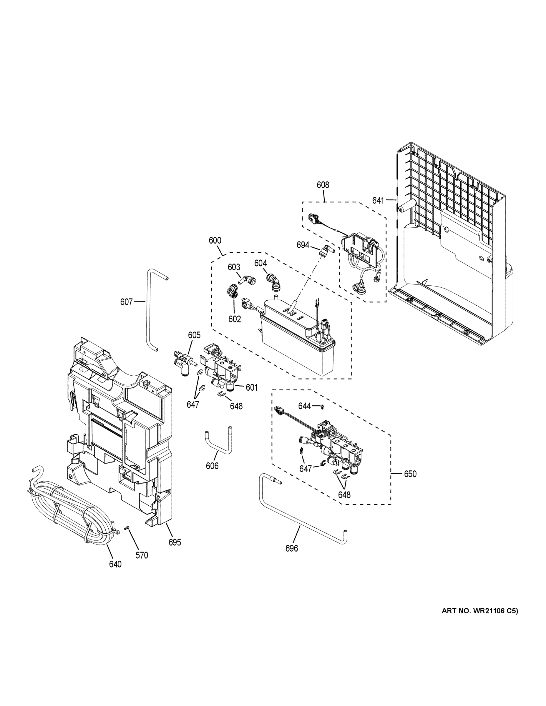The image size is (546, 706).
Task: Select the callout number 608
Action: click(x=323, y=185)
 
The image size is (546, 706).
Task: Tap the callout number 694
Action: click(x=303, y=245)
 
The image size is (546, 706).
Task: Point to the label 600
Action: click(x=215, y=241)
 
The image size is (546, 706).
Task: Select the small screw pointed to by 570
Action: click(x=127, y=527)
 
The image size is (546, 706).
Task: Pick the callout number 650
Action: click(x=410, y=474)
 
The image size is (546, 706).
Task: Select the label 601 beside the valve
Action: click(x=251, y=387)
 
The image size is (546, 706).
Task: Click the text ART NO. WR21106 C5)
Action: click(x=480, y=611)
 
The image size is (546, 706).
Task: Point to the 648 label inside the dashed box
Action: click(x=344, y=495)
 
